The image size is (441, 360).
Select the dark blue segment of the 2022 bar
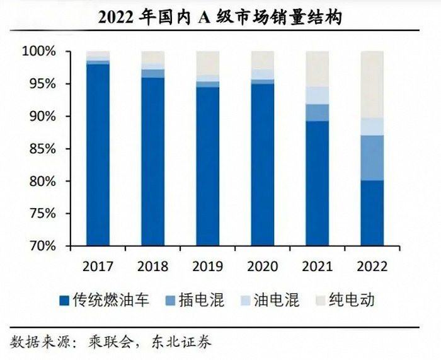point(372,213)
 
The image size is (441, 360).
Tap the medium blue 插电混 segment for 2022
point(372,158)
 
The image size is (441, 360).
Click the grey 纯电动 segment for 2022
point(372,84)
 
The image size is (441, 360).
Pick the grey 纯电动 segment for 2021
point(317,69)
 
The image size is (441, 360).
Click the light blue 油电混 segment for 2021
point(317,95)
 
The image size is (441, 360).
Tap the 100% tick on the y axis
point(39,51)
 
